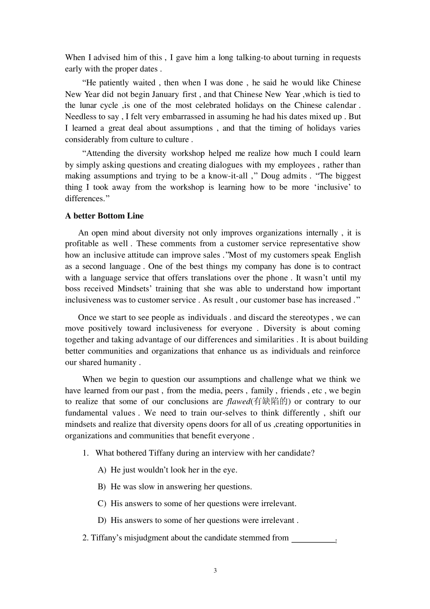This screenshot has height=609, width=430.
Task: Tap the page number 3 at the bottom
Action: (215, 570)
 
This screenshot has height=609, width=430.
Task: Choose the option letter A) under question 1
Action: (102, 470)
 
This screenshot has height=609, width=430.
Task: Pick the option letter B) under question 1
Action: (102, 487)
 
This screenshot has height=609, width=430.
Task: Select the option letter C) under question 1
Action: (102, 503)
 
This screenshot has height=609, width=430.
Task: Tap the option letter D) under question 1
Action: (102, 520)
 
